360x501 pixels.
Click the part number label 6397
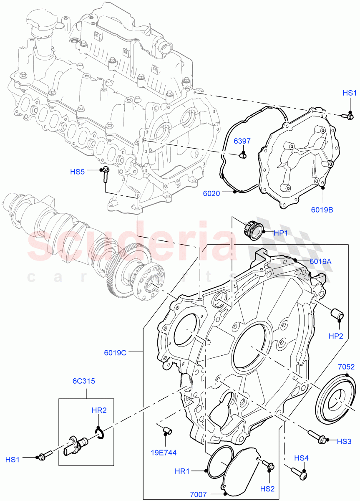pyautogui.click(x=242, y=141)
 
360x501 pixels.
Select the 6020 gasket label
pyautogui.click(x=211, y=193)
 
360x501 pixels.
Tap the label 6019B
pyautogui.click(x=322, y=210)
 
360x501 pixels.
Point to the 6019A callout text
pyautogui.click(x=320, y=261)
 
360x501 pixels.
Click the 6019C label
pyautogui.click(x=115, y=352)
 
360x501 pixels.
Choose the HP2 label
pyautogui.click(x=336, y=335)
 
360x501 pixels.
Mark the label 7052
pyautogui.click(x=346, y=367)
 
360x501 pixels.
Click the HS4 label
pyautogui.click(x=302, y=458)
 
